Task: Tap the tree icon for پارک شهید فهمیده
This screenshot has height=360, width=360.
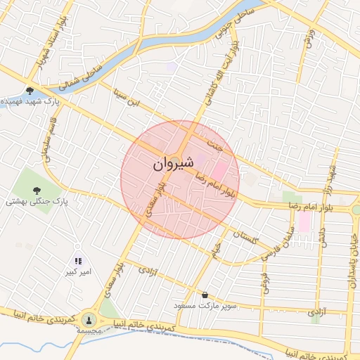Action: point(30,91)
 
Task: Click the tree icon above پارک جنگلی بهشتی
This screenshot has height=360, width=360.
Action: point(37,189)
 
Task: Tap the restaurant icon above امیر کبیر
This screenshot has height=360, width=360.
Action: point(79,261)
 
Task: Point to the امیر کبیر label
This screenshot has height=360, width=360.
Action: point(79,271)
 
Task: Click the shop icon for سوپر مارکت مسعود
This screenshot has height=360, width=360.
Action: point(205,295)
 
